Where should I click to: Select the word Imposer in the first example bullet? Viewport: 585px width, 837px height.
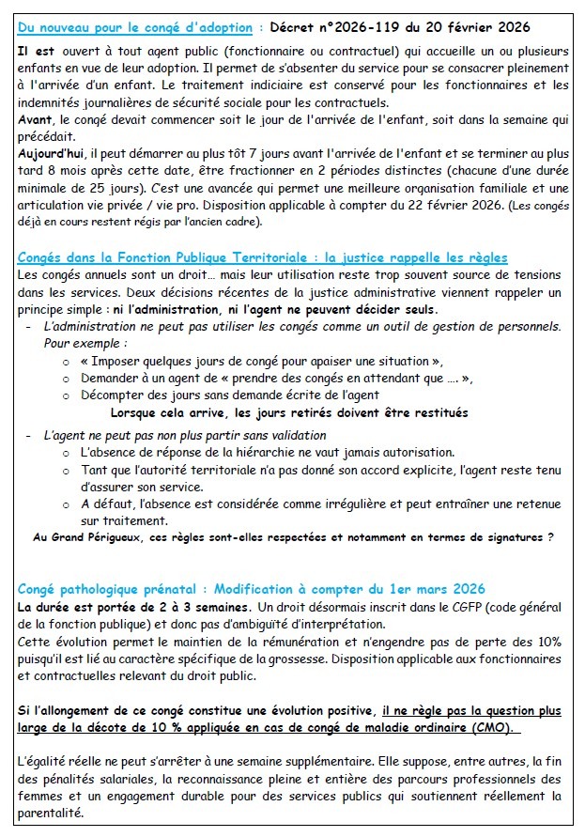tap(114, 362)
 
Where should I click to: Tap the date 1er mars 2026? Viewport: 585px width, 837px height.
tap(428, 590)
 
